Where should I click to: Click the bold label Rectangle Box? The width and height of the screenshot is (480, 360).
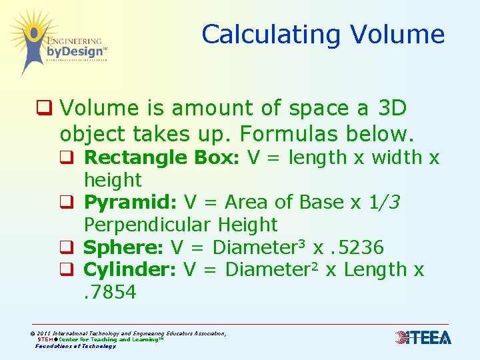pyautogui.click(x=163, y=158)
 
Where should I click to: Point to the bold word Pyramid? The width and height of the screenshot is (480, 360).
pyautogui.click(x=131, y=203)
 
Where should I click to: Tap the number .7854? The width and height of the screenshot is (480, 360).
pyautogui.click(x=110, y=292)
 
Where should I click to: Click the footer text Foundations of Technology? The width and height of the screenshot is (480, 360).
pyautogui.click(x=75, y=346)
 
